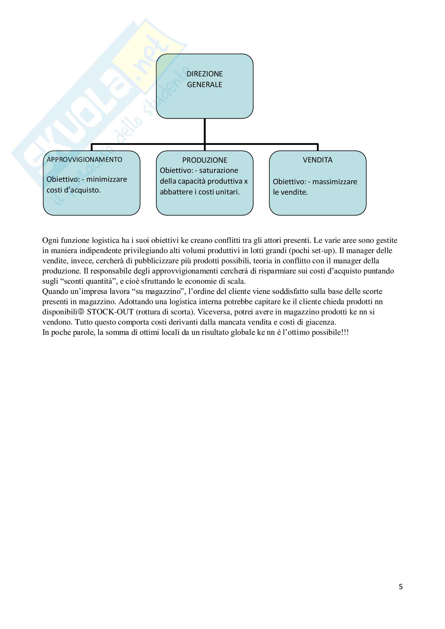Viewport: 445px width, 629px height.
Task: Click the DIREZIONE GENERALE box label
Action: tap(205, 79)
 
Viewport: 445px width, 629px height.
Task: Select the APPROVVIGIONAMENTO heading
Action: tap(85, 160)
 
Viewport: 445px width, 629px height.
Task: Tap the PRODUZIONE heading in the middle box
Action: tap(205, 160)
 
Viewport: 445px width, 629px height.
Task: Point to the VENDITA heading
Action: tap(317, 160)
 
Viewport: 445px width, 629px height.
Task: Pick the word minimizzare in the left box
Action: tap(107, 179)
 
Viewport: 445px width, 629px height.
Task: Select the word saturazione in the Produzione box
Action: tap(219, 171)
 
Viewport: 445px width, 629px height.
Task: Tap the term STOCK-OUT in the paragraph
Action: tap(110, 312)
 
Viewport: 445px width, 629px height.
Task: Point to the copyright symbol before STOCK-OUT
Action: tap(81, 312)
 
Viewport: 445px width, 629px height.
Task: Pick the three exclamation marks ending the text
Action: tap(345, 332)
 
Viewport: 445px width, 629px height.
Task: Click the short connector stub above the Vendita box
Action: tap(318, 147)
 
